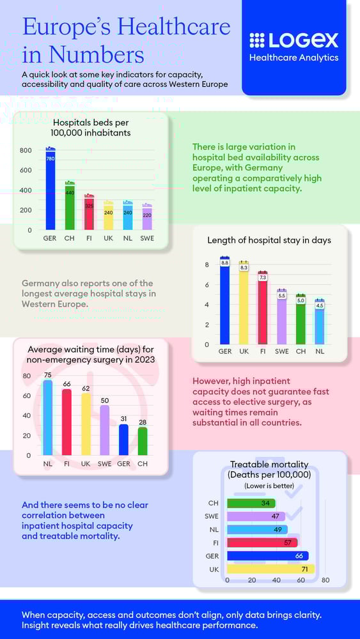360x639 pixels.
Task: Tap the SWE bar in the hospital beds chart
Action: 147,217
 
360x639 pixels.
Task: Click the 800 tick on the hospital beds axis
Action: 26,150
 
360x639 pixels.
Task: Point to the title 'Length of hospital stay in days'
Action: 269,240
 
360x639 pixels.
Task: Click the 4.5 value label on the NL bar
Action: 320,305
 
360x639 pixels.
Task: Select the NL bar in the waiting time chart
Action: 47,418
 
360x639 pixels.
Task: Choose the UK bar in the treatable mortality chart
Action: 270,569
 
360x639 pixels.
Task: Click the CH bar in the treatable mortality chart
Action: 251,503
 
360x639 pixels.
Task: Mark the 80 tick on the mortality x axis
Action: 325,580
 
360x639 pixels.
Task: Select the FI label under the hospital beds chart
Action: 89,239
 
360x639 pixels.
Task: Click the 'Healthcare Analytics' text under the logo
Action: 293,58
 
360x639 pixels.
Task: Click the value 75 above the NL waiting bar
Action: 47,375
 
